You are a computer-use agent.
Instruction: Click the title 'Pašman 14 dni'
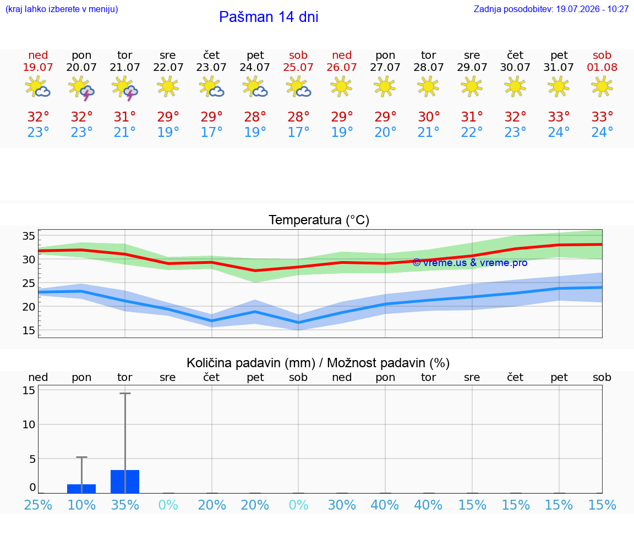269,17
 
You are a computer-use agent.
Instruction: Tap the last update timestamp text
551,9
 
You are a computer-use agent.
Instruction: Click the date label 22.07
168,67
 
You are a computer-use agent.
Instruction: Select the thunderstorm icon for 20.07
81,88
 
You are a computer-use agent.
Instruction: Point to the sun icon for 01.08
602,86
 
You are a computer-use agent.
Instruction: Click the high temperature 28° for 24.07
255,117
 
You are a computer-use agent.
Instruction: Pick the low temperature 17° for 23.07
211,132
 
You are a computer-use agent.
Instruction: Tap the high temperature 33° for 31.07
559,117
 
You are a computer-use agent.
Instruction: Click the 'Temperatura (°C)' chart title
319,220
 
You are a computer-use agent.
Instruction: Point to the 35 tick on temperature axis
29,236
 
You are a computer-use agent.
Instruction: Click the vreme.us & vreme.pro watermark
470,263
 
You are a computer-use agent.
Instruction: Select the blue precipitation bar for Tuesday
125,482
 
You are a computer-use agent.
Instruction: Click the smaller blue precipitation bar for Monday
81,489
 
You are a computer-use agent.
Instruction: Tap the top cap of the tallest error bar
125,393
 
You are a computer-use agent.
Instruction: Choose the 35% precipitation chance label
125,505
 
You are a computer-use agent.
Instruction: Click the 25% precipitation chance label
38,505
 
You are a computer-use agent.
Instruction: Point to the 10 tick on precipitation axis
29,424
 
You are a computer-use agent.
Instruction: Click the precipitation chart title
318,363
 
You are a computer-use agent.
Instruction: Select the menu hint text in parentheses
62,9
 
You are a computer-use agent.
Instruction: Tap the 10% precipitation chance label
81,505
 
